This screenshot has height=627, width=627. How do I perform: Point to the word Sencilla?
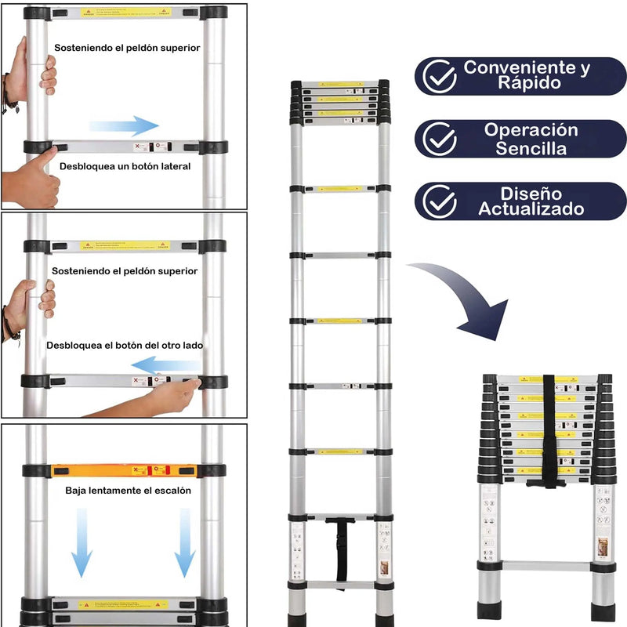click(531, 148)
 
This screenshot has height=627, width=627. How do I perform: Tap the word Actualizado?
click(531, 209)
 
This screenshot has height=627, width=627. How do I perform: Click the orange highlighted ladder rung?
click(124, 470)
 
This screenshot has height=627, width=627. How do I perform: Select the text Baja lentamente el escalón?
click(129, 491)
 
